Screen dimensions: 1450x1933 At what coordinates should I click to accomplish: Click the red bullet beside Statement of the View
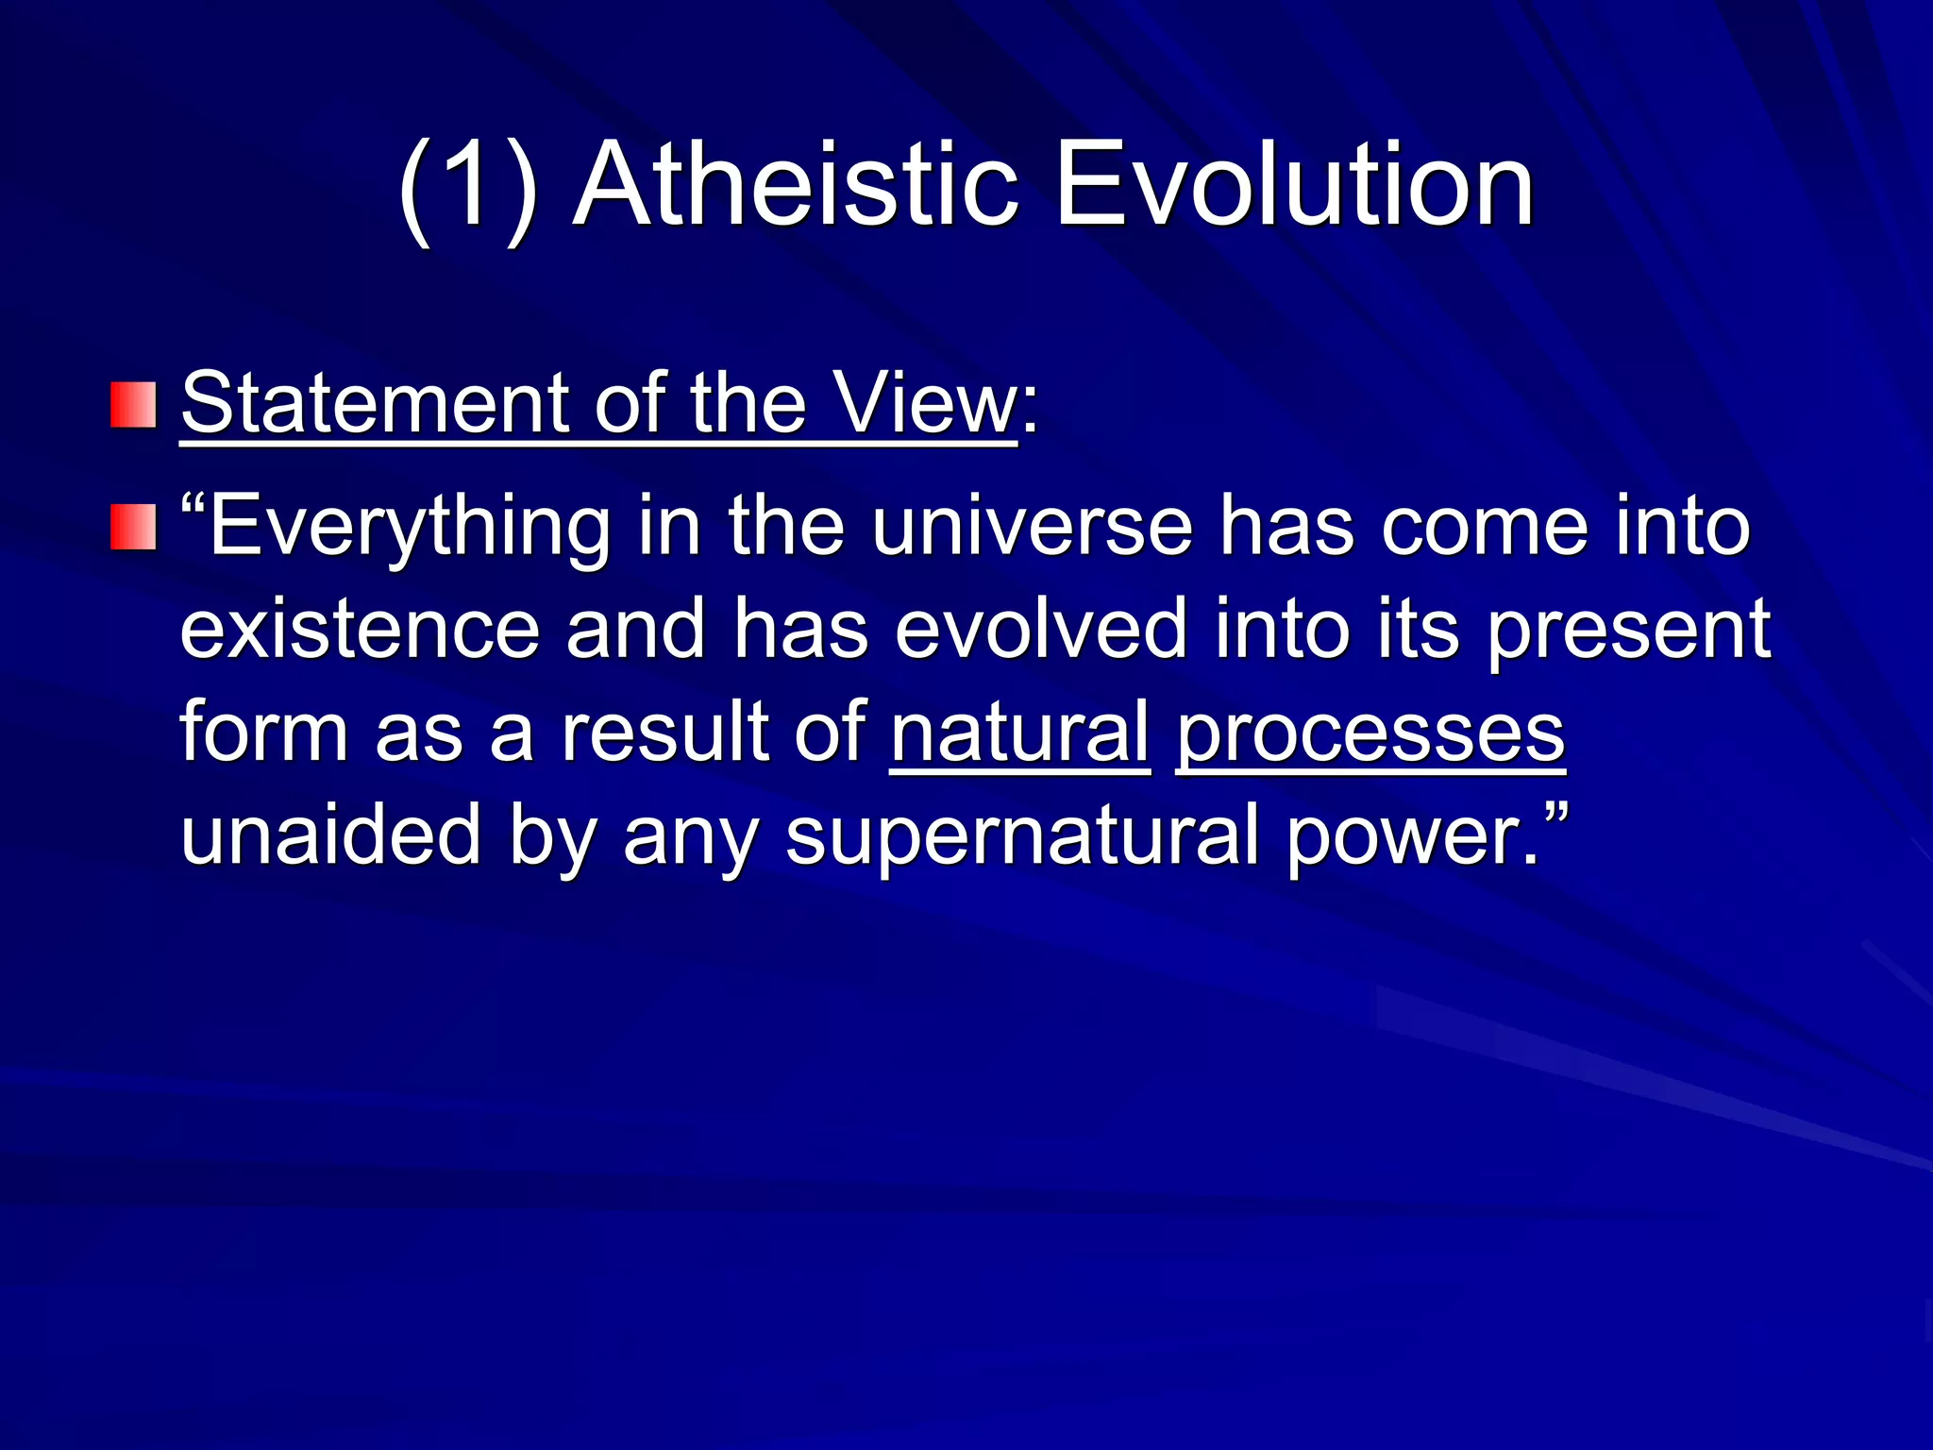133,405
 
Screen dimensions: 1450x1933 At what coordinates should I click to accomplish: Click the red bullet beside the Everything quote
133,527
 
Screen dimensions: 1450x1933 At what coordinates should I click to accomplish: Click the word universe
1032,527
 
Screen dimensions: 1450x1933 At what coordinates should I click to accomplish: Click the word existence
360,631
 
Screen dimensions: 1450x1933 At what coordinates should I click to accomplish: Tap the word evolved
1040,631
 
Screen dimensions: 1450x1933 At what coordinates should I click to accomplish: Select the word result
664,733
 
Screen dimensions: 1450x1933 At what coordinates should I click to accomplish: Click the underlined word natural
1019,733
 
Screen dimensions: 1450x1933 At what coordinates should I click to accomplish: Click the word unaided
331,835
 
